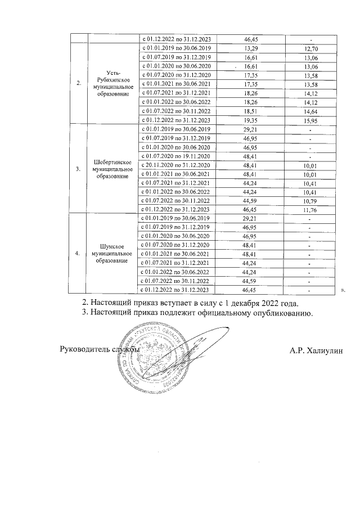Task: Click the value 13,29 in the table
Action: click(x=251, y=48)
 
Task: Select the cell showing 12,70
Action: click(x=310, y=49)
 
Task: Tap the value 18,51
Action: click(x=251, y=111)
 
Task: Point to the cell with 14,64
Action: click(x=310, y=111)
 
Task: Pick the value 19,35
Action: click(x=251, y=120)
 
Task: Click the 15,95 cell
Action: click(x=310, y=120)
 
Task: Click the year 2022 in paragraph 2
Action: click(x=269, y=302)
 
